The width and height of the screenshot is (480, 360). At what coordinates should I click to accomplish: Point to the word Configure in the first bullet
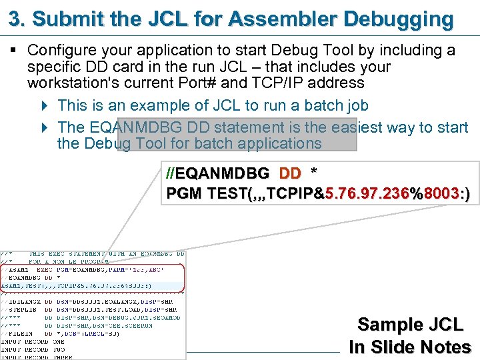pos(61,51)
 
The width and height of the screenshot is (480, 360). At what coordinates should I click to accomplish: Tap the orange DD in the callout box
pos(290,174)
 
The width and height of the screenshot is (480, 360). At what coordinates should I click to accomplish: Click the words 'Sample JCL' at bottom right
pos(409,325)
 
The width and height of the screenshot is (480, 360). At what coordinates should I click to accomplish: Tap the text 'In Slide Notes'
pos(409,347)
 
